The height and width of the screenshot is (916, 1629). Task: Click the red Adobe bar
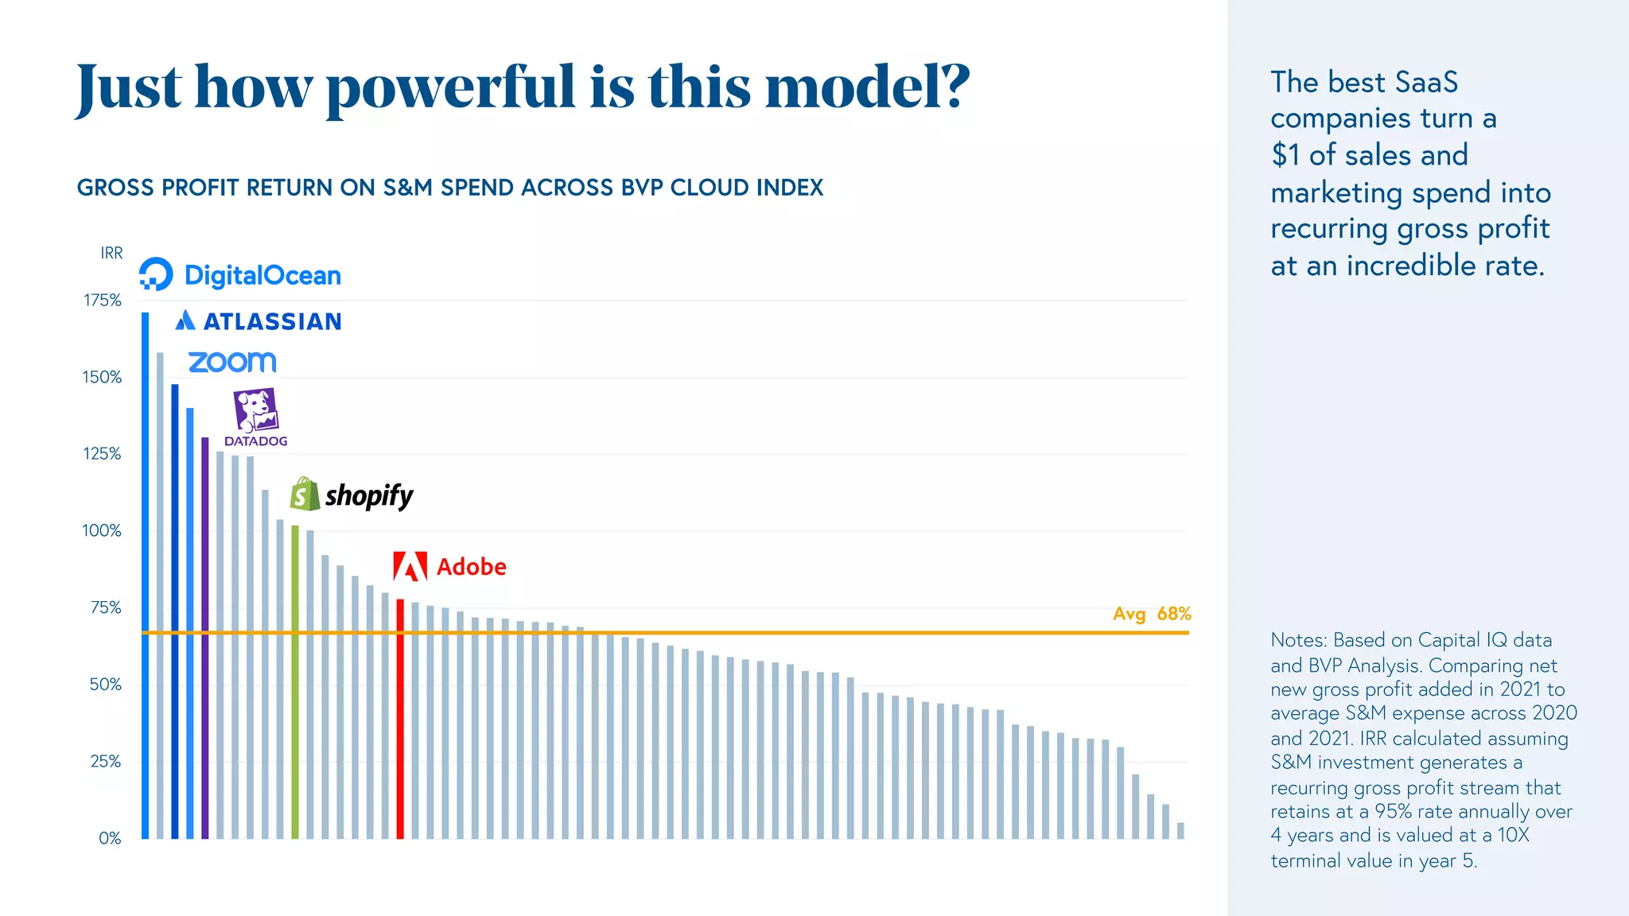coord(400,720)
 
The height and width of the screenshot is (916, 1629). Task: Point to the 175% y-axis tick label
coord(103,301)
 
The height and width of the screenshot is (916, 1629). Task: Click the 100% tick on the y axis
coord(102,531)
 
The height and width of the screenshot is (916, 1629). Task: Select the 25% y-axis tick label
coord(105,762)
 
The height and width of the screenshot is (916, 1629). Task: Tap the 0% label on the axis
coord(110,839)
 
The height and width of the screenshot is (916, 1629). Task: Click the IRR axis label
coord(111,253)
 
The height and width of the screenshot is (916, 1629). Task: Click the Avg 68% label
coord(1151,614)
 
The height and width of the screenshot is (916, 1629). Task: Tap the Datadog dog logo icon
coord(255,410)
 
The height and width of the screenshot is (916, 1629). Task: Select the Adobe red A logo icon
coord(410,566)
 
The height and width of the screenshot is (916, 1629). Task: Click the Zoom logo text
coord(232,362)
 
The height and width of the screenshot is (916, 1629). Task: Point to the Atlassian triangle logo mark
coord(185,320)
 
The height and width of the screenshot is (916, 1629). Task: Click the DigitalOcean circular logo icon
coord(156,274)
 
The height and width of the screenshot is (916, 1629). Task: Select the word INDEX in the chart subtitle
coord(790,188)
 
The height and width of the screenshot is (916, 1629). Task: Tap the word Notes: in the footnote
coord(1298,640)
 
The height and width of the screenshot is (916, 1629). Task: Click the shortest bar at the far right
coord(1180,831)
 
